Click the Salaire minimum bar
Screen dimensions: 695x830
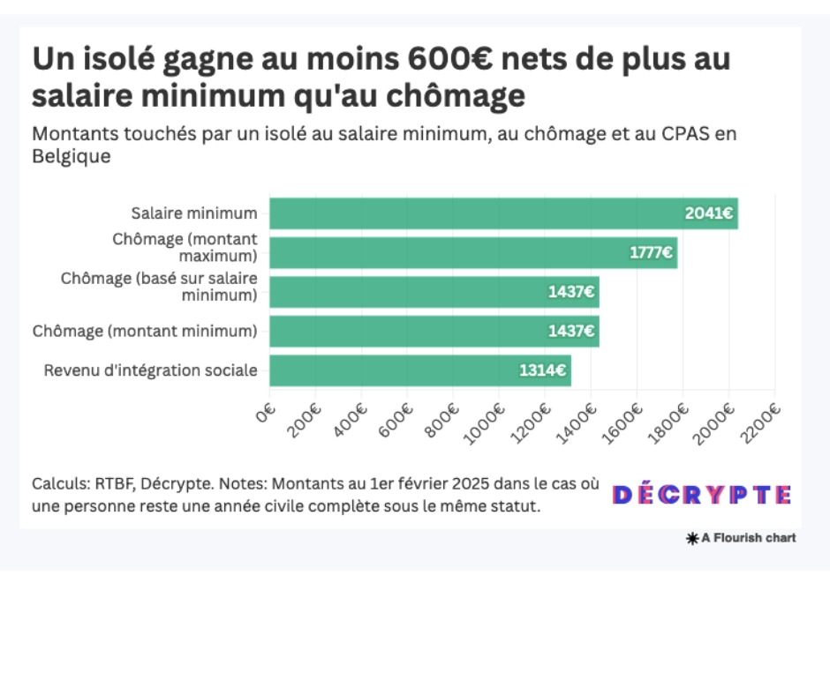coord(503,213)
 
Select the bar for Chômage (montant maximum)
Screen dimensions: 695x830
coord(473,253)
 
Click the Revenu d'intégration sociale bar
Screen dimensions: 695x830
coord(420,370)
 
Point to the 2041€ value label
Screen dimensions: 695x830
coord(708,213)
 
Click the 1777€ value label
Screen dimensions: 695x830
coord(652,253)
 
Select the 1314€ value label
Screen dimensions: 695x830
coord(542,370)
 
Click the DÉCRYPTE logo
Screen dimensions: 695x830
coord(702,495)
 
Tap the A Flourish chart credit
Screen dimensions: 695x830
coord(741,538)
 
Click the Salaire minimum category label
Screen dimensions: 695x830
coord(194,213)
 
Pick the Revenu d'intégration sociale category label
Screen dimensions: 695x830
coord(151,370)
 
